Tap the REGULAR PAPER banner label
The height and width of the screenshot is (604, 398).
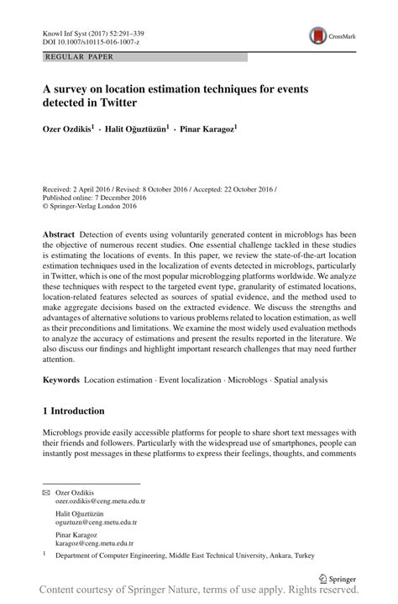pos(70,57)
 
